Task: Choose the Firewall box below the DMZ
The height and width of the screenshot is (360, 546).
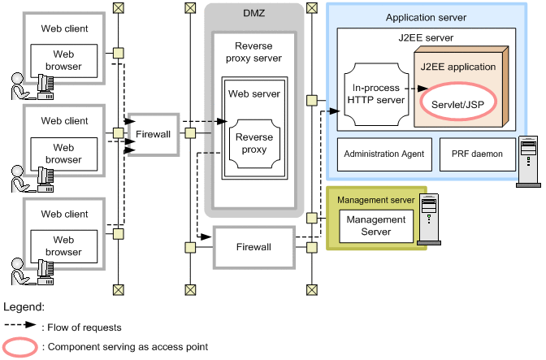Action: click(x=253, y=245)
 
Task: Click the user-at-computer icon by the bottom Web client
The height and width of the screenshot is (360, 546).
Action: click(x=30, y=272)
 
